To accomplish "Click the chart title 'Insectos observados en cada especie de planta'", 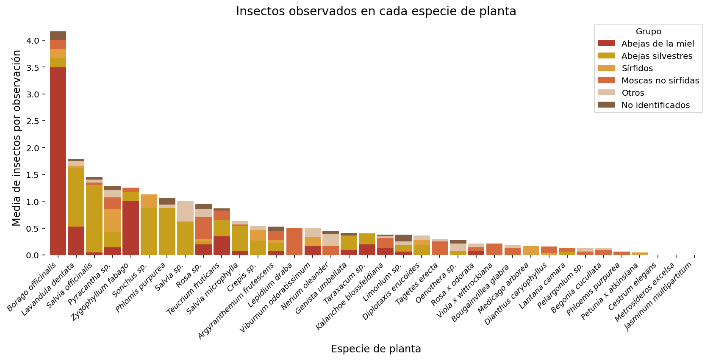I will pyautogui.click(x=376, y=11).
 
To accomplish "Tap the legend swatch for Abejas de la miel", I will pyautogui.click(x=606, y=44).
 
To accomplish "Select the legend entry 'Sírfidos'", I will pyautogui.click(x=637, y=68).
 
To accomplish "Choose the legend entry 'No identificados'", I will pyautogui.click(x=655, y=105).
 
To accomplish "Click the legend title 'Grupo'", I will pyautogui.click(x=648, y=31).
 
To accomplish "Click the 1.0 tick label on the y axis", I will pyautogui.click(x=32, y=202).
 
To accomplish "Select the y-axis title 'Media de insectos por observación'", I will pyautogui.click(x=17, y=138).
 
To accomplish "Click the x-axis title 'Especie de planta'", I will pyautogui.click(x=376, y=349).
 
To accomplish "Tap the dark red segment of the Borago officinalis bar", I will pyautogui.click(x=58, y=161).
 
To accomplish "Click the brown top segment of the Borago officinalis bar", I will pyautogui.click(x=58, y=36).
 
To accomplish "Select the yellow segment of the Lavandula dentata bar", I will pyautogui.click(x=76, y=197).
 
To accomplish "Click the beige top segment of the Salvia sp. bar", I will pyautogui.click(x=185, y=211).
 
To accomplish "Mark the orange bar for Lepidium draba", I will pyautogui.click(x=294, y=241).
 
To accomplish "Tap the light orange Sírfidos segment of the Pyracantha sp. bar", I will pyautogui.click(x=112, y=220).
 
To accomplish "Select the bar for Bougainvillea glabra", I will pyautogui.click(x=512, y=251).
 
